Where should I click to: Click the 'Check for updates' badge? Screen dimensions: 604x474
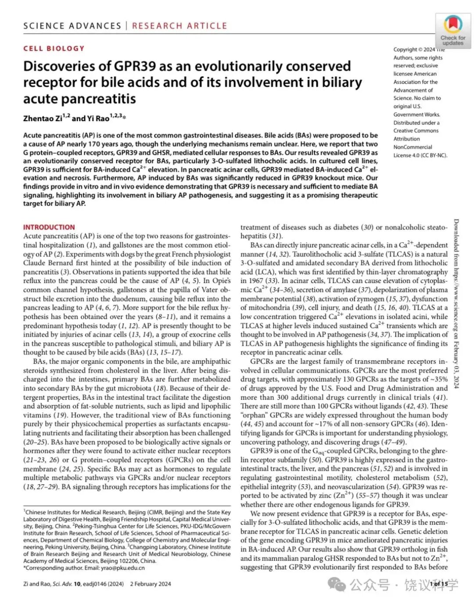[x=452, y=30]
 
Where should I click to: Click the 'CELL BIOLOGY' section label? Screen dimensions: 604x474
[x=54, y=48]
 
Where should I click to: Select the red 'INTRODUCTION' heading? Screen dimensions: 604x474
[x=49, y=227]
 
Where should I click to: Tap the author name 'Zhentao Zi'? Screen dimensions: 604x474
[x=43, y=118]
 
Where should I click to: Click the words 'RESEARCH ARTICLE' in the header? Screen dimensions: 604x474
[x=180, y=25]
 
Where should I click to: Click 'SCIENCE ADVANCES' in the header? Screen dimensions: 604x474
[x=72, y=25]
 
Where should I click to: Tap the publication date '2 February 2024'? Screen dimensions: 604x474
[x=151, y=584]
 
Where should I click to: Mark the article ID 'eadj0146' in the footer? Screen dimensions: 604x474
[x=93, y=584]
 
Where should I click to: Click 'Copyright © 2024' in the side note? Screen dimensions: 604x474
[x=414, y=50]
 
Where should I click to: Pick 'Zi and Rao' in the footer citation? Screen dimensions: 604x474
[x=36, y=584]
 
